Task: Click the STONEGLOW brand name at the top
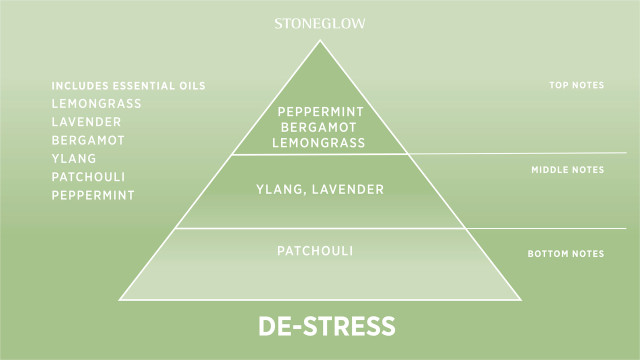tap(320, 21)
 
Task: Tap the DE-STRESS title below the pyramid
tap(326, 326)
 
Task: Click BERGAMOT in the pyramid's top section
tap(320, 128)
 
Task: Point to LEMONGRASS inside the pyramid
tap(320, 143)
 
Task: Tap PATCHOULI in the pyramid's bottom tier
tap(319, 249)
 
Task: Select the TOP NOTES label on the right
tap(577, 86)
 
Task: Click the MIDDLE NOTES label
tap(567, 170)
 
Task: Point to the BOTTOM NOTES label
tap(566, 255)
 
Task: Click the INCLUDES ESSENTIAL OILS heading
tap(129, 86)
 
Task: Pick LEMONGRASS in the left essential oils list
tap(96, 104)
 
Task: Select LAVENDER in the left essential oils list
tap(86, 122)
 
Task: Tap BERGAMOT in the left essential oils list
tap(87, 140)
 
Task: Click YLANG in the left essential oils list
tap(72, 158)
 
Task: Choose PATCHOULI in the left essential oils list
tap(89, 176)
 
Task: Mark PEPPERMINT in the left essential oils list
tap(92, 194)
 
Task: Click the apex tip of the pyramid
tap(320, 41)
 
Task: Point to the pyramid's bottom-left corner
tap(120, 298)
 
